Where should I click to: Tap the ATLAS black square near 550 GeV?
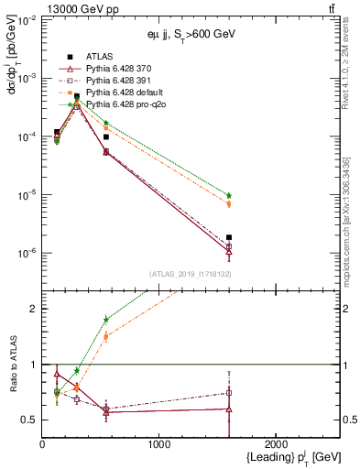(106, 136)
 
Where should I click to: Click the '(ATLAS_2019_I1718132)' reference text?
(188, 273)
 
